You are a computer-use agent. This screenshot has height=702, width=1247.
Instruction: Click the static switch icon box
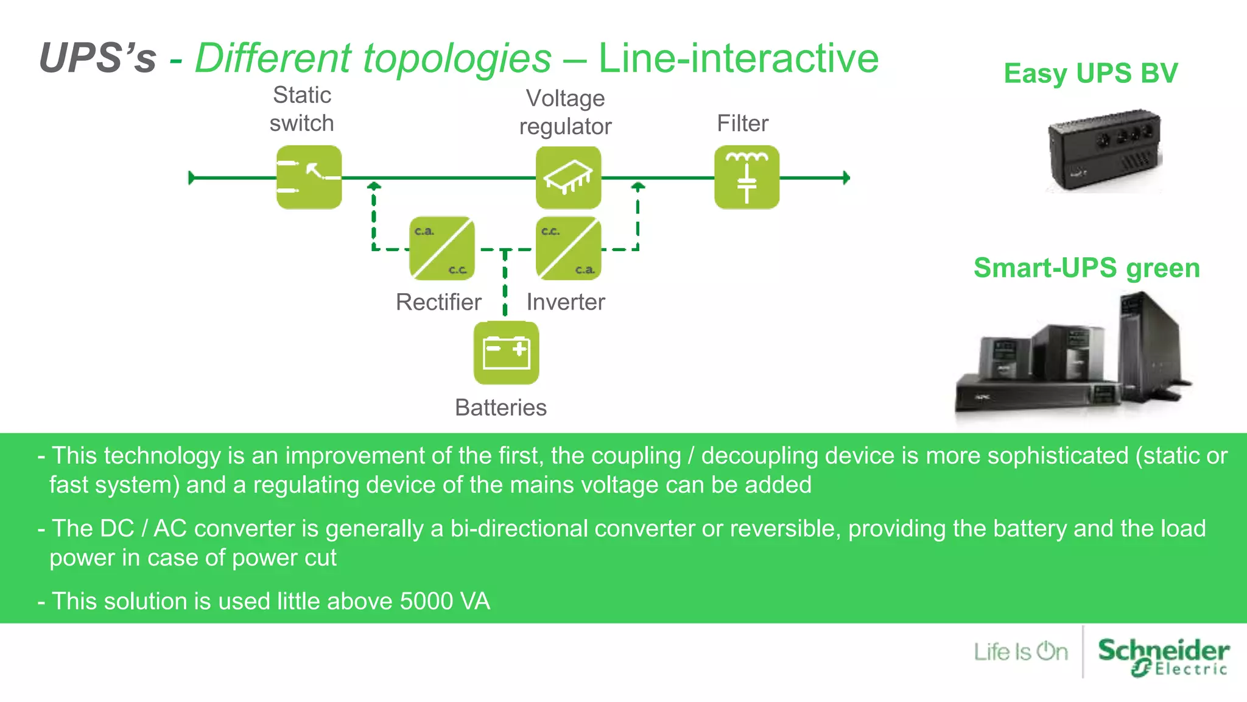[x=309, y=177]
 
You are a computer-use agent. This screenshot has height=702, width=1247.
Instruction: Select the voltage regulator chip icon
[x=568, y=177]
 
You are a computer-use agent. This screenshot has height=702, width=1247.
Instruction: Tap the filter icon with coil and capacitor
[x=746, y=177]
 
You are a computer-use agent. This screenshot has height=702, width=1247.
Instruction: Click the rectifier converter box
[x=441, y=249]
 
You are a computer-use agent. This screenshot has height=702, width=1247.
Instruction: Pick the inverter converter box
[x=568, y=249]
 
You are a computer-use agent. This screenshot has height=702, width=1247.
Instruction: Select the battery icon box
[x=506, y=353]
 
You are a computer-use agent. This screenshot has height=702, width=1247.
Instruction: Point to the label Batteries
[x=501, y=407]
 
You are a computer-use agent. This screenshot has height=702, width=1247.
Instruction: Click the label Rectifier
[x=438, y=302]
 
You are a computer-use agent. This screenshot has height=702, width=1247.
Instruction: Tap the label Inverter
[x=566, y=302]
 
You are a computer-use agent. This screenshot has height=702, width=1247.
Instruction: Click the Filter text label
[x=742, y=123]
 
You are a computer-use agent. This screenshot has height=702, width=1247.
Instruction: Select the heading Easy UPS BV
[x=1091, y=73]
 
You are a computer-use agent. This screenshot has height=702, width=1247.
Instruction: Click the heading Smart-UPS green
[x=1086, y=268]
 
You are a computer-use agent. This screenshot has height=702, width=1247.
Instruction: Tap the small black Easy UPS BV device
[x=1103, y=151]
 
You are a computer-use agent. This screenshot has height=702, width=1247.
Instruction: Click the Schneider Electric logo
[x=1163, y=656]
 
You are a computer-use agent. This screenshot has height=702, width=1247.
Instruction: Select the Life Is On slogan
[x=1020, y=651]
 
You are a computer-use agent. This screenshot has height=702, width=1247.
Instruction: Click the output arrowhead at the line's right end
[x=846, y=178]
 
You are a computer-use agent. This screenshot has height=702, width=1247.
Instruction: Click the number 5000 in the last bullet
[x=426, y=601]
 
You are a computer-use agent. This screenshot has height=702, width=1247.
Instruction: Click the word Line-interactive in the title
[x=738, y=58]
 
